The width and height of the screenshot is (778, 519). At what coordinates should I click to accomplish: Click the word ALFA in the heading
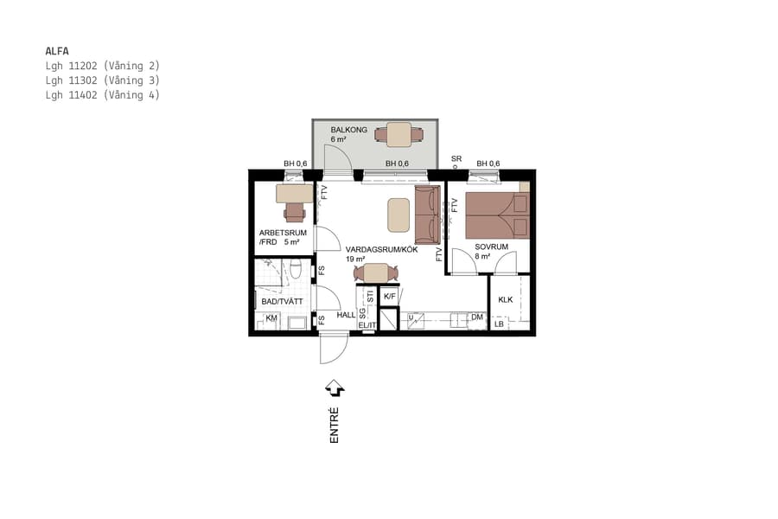click(x=57, y=51)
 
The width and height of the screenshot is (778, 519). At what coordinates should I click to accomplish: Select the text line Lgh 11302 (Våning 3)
click(x=103, y=80)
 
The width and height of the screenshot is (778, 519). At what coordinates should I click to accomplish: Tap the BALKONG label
click(x=348, y=131)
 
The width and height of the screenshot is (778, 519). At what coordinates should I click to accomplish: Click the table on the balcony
click(x=399, y=135)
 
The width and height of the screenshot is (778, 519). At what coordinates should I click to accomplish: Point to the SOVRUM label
click(x=490, y=247)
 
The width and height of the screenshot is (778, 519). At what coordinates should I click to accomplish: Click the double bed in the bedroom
click(x=497, y=215)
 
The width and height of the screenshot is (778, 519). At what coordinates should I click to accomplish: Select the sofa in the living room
click(x=427, y=215)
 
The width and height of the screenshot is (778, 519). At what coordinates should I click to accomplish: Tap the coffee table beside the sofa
click(x=399, y=215)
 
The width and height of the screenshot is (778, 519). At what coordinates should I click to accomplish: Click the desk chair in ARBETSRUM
click(x=295, y=211)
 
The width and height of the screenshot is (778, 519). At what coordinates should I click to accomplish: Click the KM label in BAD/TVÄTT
click(x=271, y=319)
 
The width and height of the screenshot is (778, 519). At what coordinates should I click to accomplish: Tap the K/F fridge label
click(x=390, y=297)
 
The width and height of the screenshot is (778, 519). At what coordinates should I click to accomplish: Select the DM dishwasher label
click(x=476, y=318)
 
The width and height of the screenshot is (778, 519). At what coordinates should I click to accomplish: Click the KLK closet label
click(x=506, y=299)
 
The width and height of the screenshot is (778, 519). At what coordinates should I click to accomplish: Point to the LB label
click(x=499, y=325)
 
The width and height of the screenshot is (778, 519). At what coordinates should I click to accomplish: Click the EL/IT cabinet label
click(x=367, y=325)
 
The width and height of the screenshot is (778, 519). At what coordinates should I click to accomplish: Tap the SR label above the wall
click(x=456, y=159)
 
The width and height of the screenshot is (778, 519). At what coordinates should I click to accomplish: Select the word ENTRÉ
click(x=334, y=426)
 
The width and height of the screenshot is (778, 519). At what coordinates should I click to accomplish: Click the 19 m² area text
click(x=355, y=259)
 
